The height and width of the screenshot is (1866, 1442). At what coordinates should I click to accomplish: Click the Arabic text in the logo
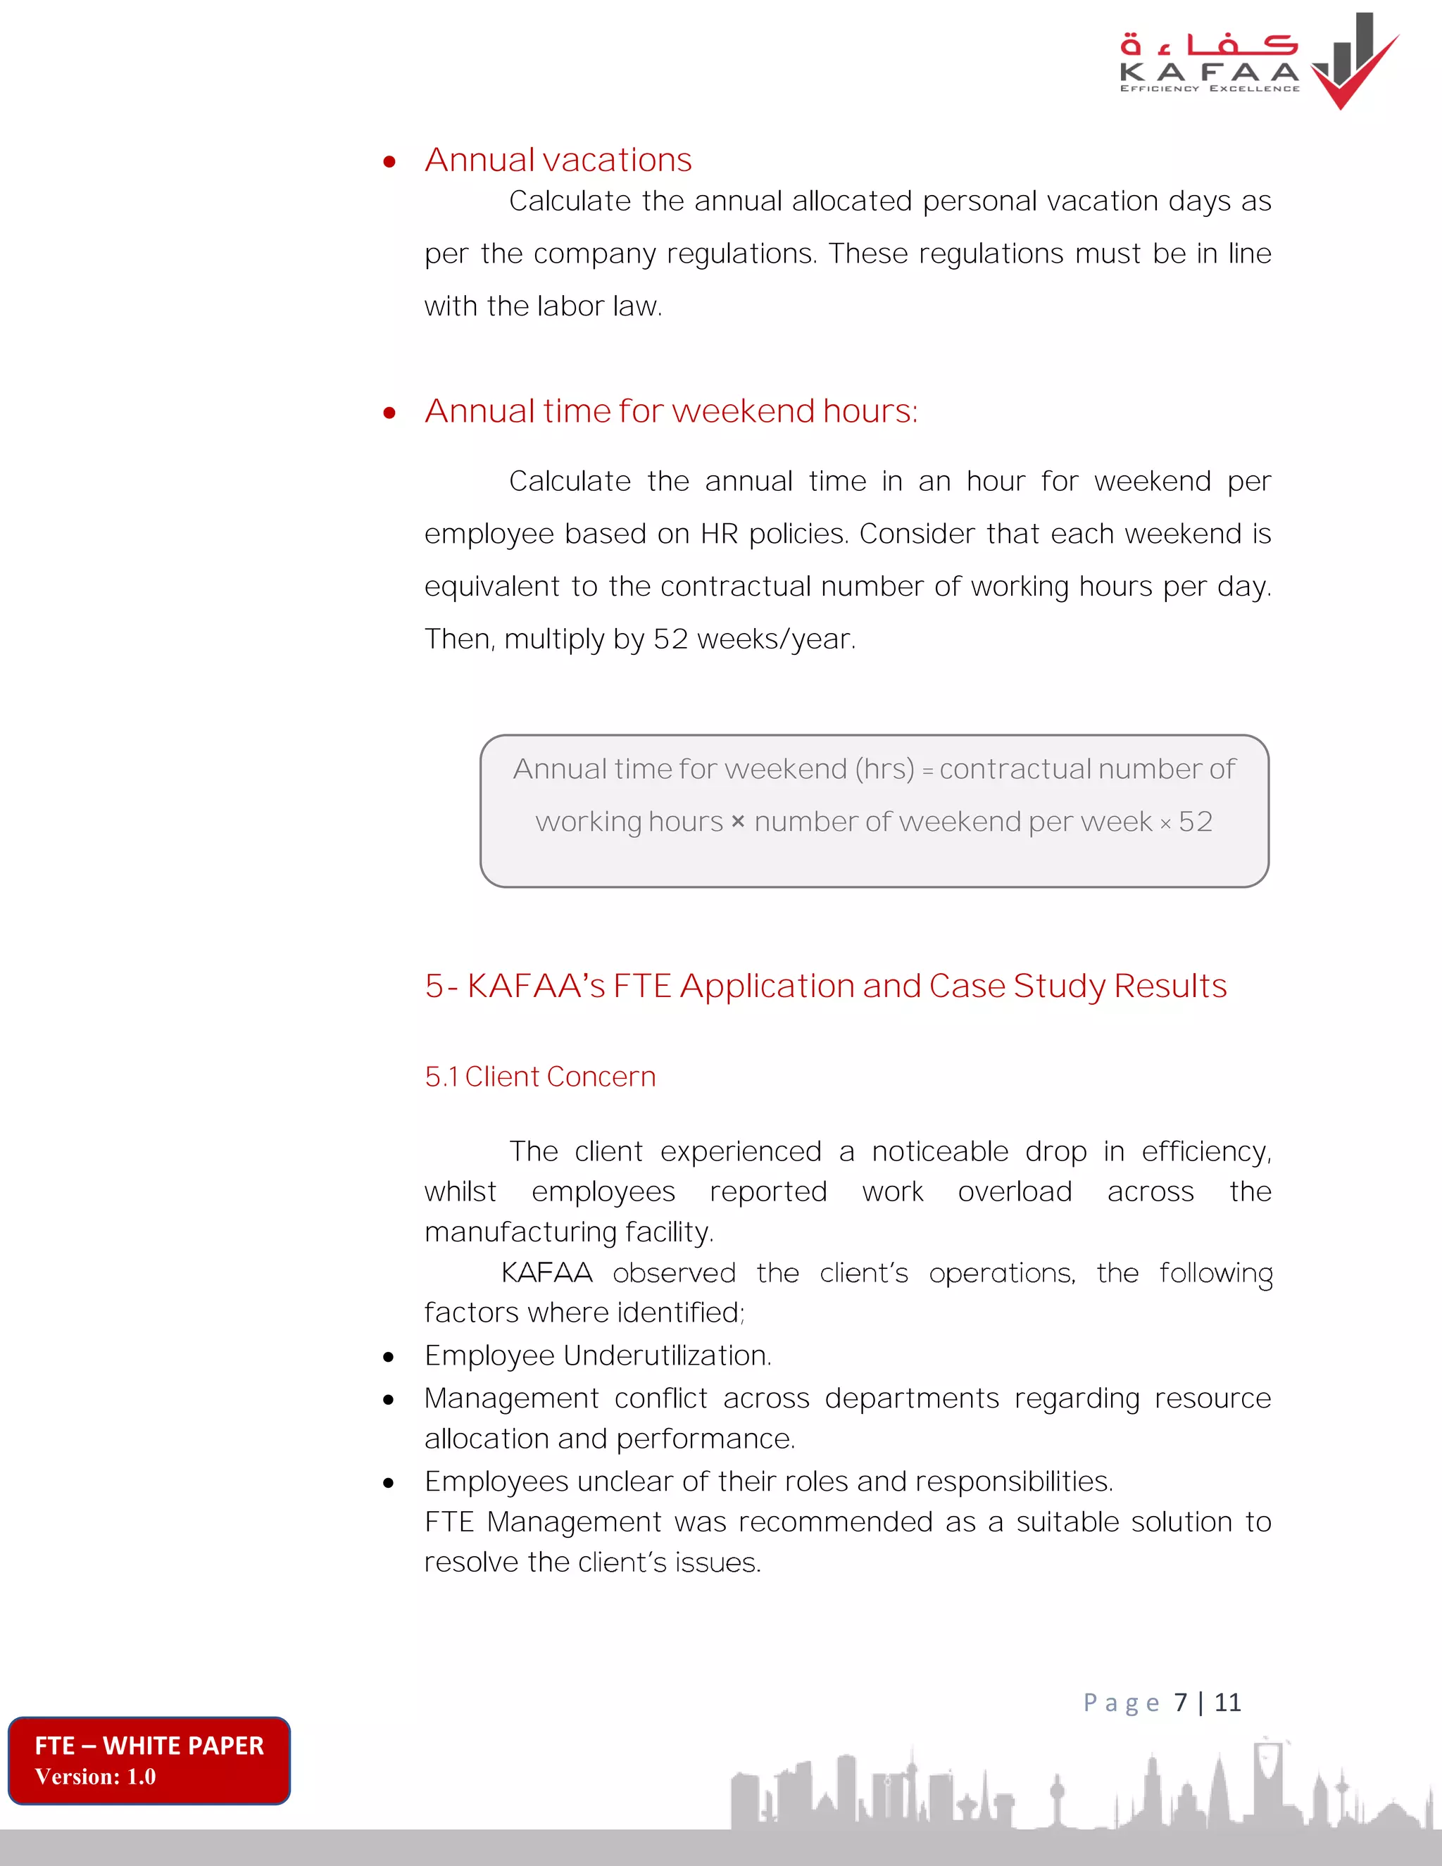(x=1208, y=44)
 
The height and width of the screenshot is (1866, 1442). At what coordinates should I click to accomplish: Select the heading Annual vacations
(x=558, y=160)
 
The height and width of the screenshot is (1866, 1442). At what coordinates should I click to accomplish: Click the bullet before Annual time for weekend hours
(x=389, y=413)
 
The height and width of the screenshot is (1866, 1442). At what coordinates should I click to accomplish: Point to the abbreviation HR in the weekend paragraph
(x=720, y=534)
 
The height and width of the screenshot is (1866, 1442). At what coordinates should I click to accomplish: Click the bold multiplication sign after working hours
(x=738, y=822)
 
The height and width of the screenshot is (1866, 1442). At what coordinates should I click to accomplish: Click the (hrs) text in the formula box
(x=885, y=769)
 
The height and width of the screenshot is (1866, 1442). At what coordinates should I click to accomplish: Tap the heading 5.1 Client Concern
(x=540, y=1077)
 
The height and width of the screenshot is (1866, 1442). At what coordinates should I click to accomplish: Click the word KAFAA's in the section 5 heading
(x=536, y=986)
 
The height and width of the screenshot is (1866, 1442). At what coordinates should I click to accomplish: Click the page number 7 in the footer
(x=1181, y=1702)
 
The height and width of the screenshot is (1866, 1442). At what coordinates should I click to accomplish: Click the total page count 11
(x=1227, y=1702)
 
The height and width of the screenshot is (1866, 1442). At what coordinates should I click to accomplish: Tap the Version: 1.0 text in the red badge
(x=96, y=1777)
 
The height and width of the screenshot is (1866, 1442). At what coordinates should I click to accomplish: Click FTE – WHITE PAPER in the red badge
(x=149, y=1746)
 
